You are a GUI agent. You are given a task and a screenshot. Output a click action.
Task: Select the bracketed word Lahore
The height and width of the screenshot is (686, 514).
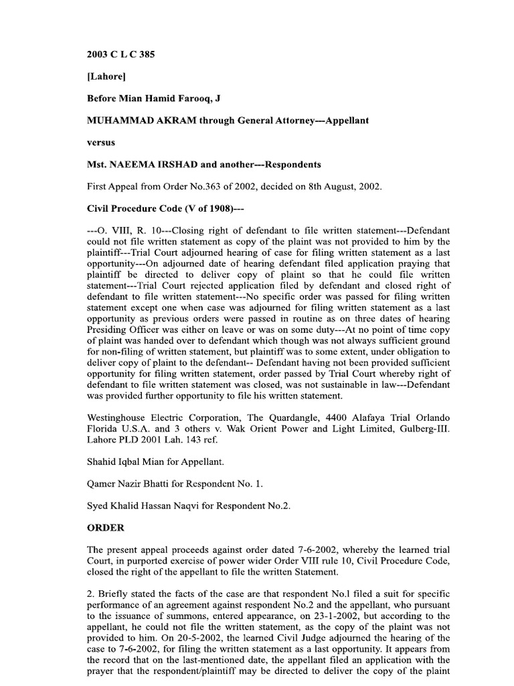pyautogui.click(x=107, y=76)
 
